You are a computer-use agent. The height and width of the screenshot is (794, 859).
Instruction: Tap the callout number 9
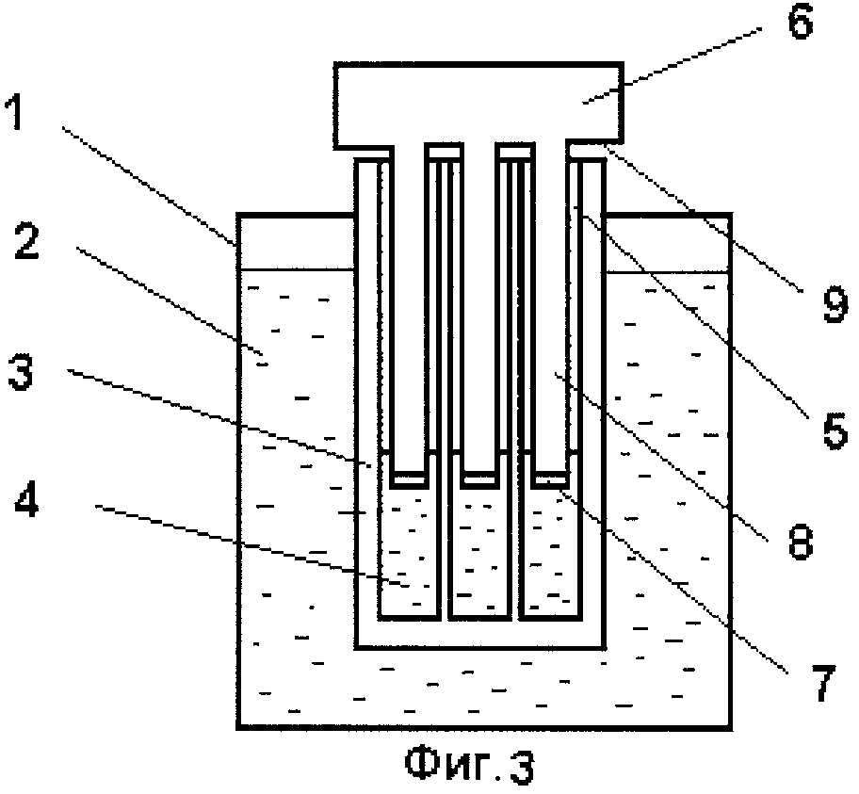[833, 305]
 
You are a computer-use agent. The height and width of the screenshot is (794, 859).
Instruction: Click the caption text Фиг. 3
[469, 764]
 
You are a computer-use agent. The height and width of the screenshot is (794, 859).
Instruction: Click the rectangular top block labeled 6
[478, 104]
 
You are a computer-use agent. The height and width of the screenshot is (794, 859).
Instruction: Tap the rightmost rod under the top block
[551, 311]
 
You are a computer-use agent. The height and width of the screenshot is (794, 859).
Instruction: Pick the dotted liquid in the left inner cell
[408, 556]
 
